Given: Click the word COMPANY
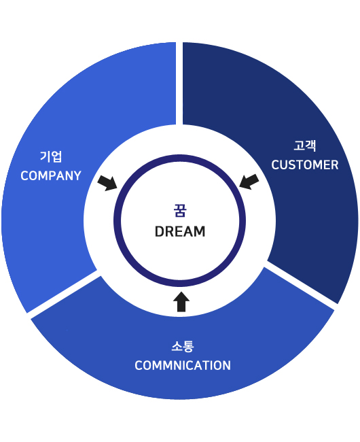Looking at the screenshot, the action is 51,176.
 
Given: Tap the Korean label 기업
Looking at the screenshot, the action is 51,156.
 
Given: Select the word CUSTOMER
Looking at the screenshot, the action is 304,165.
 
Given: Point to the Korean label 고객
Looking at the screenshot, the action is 305,146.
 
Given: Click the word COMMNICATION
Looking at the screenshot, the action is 183,365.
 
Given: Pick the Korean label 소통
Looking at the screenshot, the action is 183,346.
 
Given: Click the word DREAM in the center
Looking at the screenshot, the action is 180,231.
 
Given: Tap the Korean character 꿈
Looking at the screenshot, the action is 180,211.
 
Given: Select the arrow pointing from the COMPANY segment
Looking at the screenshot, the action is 107,183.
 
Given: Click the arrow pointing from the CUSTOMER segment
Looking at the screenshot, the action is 249,182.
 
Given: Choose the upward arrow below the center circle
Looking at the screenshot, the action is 181,302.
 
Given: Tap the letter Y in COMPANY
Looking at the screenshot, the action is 77,176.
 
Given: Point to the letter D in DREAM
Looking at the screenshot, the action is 160,231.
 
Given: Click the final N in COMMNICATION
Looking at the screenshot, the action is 227,365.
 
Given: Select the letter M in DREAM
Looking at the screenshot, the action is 200,231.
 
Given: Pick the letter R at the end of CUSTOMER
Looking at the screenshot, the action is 334,165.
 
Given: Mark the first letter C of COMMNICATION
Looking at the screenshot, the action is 139,365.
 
